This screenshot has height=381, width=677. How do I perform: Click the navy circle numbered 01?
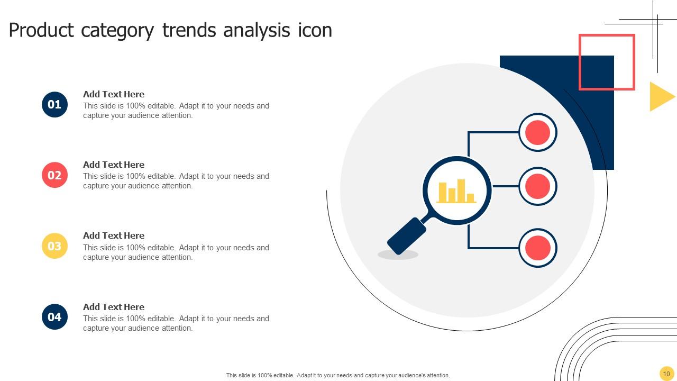point(54,105)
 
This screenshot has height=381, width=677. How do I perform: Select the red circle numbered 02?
point(54,175)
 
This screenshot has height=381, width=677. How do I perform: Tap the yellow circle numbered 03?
point(54,246)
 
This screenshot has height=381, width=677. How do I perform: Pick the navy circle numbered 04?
point(54,316)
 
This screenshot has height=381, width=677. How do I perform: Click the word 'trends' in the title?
point(189,30)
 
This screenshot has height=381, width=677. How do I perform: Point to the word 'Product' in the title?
point(41,30)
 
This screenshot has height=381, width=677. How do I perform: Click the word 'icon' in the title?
point(315,30)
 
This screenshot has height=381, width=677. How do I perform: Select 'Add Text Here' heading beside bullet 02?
point(114,165)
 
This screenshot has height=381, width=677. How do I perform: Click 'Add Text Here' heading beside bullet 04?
point(114,306)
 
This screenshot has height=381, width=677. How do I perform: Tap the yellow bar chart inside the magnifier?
point(456,191)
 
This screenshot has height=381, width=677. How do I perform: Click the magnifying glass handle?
point(407,236)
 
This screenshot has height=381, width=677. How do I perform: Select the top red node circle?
point(538,132)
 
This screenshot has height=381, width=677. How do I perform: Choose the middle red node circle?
point(538,186)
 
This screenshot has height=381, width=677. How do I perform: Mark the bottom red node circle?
point(538,248)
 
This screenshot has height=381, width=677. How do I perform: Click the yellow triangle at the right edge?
point(661,96)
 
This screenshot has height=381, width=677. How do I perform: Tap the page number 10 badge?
point(666,374)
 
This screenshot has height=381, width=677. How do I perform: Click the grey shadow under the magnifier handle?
point(398,255)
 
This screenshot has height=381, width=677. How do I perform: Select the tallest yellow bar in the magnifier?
point(461,191)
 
